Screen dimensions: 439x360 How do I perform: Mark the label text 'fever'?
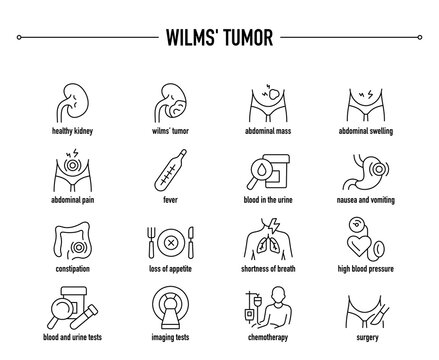167,199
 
